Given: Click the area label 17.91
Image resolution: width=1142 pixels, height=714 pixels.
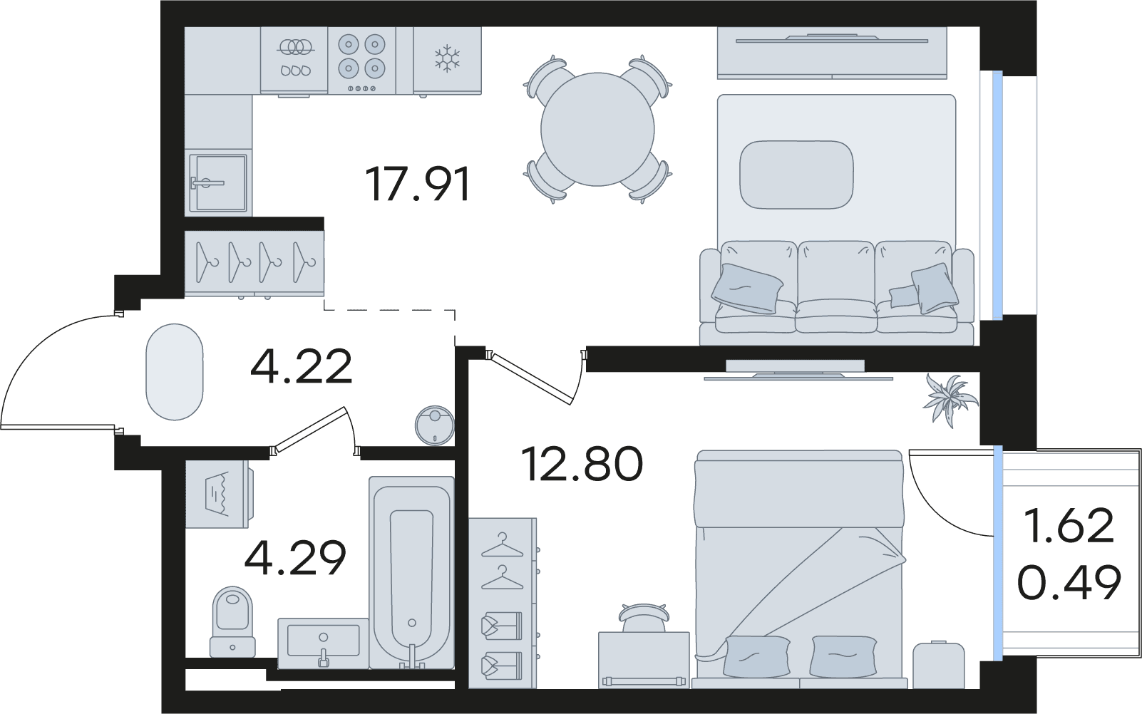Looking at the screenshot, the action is point(418,185).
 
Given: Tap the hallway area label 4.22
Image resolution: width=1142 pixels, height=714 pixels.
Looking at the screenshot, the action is point(302,366).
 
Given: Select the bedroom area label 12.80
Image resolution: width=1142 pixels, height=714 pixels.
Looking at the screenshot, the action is point(583,464).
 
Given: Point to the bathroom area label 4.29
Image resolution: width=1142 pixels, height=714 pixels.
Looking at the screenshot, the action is point(295,557).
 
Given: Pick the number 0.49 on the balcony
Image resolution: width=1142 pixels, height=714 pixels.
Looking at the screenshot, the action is point(1069,583).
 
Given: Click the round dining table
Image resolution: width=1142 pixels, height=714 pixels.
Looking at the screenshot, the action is point(597,130).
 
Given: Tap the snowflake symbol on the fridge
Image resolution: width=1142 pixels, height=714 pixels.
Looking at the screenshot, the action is point(447,58).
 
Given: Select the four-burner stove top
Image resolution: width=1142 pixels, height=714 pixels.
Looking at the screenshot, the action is point(361,60).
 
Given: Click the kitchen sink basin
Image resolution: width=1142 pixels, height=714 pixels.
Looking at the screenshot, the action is point(218,183).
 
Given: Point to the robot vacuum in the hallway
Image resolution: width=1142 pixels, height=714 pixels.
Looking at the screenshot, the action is point(434,425).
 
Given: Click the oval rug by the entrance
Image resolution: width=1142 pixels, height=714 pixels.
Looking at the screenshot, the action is point(175,372).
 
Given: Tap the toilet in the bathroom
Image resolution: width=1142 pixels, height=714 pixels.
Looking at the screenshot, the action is point(232,622).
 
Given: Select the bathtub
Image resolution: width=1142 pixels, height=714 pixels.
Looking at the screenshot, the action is point(411,572).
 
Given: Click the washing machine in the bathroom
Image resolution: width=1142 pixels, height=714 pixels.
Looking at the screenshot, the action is point(220,495).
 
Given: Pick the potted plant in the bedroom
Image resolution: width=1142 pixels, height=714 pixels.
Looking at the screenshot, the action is point(950,399).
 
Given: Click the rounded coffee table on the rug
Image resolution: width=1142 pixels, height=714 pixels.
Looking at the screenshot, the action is point(796,175).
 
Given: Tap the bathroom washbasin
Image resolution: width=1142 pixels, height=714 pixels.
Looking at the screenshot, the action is point(323,642).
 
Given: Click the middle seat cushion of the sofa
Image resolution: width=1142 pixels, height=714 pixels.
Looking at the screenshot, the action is point(835,287).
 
